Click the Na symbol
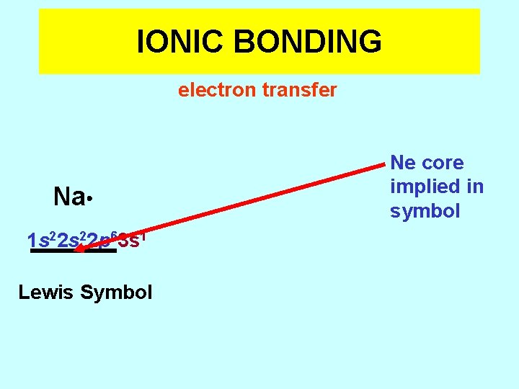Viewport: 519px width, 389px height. coord(68,197)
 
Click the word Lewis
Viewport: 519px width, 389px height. coord(46,292)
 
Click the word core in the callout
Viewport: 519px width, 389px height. coord(443,163)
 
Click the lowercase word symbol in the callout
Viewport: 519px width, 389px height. coord(425,211)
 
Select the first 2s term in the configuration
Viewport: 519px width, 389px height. coord(68,240)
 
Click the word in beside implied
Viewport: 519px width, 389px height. coord(474,187)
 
